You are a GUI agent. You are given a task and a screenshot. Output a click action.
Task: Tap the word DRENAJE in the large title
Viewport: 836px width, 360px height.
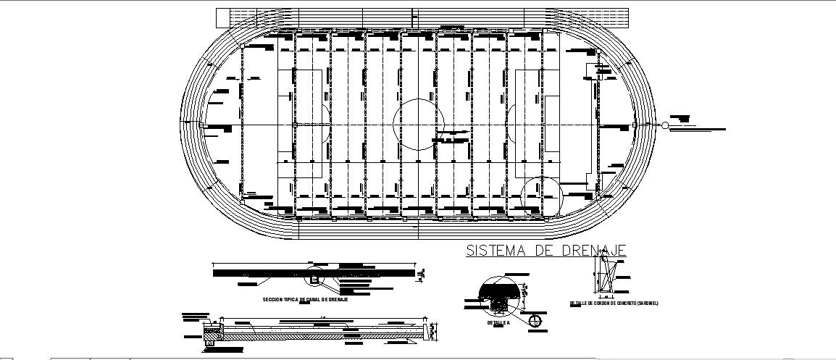click(x=594, y=251)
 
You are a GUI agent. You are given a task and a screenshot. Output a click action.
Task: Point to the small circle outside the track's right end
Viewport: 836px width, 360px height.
click(x=665, y=125)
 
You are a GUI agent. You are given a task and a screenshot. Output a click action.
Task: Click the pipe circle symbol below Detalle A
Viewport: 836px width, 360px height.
click(x=535, y=320)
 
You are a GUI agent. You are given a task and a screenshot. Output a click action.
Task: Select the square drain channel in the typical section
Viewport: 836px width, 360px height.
click(x=315, y=277)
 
